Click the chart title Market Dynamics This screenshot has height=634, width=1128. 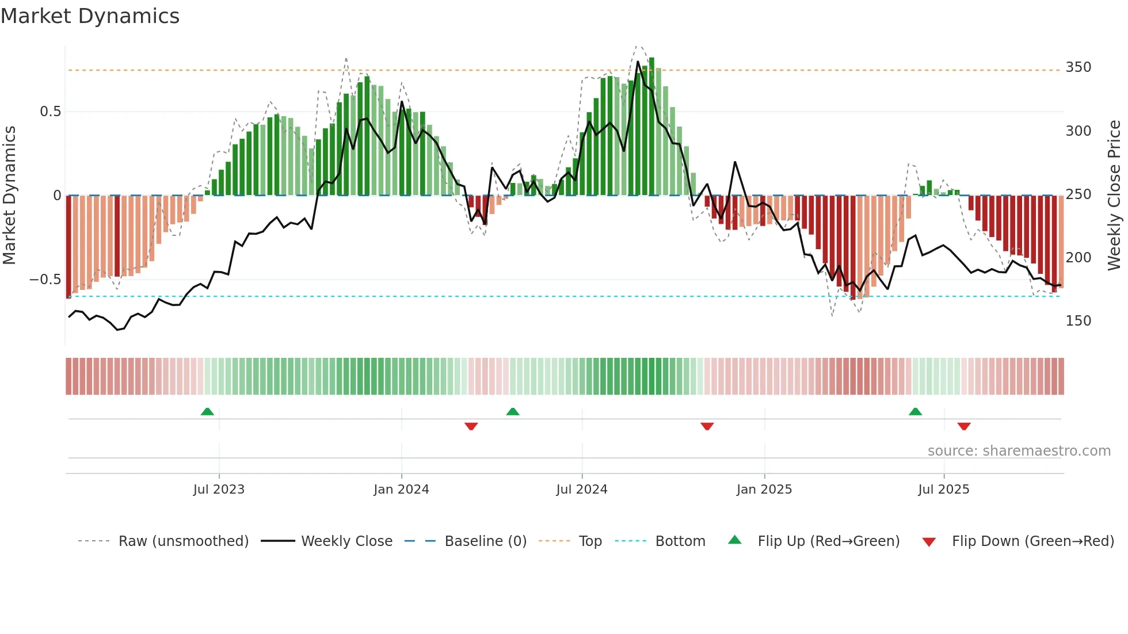[x=90, y=16]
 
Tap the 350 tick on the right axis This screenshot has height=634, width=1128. [x=1078, y=67]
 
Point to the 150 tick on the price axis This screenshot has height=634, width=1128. [x=1078, y=321]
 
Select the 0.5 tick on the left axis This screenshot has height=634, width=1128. [x=50, y=112]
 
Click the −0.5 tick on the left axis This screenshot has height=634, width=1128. [x=45, y=280]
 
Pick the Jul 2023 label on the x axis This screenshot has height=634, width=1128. [x=219, y=490]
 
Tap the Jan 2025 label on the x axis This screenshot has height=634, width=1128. [x=764, y=490]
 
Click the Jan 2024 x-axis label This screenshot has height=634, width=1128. [x=401, y=490]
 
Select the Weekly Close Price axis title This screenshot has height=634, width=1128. [x=1114, y=196]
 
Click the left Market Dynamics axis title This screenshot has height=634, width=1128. [x=9, y=196]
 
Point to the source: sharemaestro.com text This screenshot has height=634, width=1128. [x=1019, y=451]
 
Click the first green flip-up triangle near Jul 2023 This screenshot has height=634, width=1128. [x=207, y=411]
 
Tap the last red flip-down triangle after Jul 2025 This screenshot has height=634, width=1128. [x=964, y=426]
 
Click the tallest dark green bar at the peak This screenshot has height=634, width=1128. [x=651, y=127]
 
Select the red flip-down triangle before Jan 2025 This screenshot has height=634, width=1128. [x=707, y=426]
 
